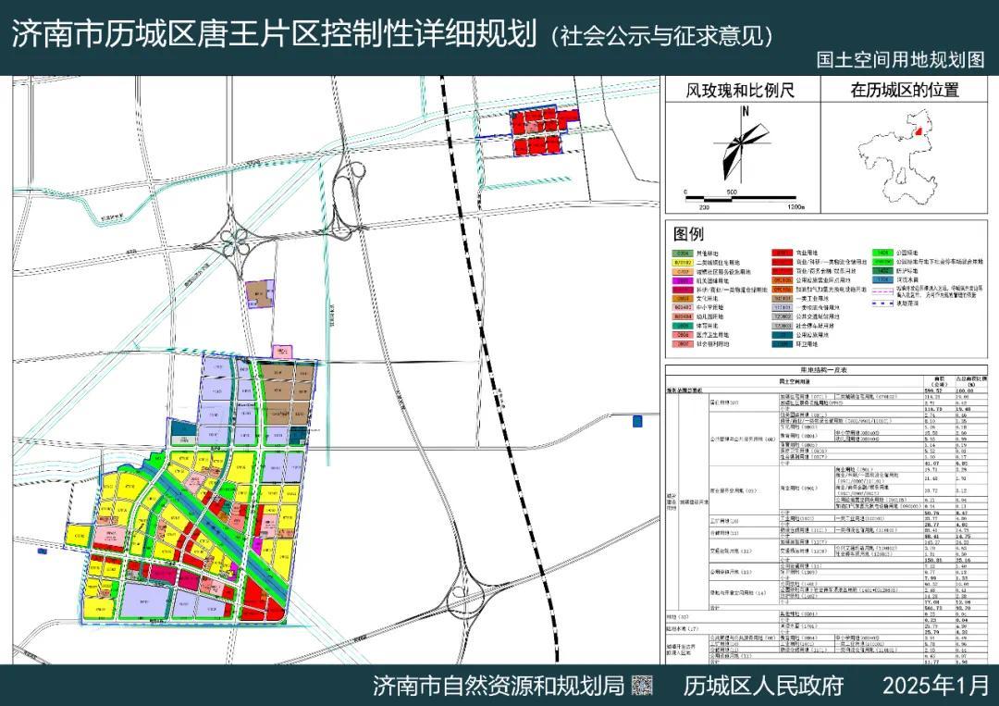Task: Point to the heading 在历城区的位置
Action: (x=905, y=90)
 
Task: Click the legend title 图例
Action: (x=689, y=233)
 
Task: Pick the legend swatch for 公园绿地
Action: (x=883, y=252)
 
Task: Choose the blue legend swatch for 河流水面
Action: (x=883, y=279)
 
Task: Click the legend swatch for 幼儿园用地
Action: (x=684, y=316)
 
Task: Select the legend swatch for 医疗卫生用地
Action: (x=684, y=335)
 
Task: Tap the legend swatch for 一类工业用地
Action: (x=783, y=298)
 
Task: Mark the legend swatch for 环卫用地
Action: (x=783, y=344)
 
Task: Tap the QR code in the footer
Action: (x=642, y=686)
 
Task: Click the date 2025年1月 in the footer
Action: (x=935, y=686)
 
